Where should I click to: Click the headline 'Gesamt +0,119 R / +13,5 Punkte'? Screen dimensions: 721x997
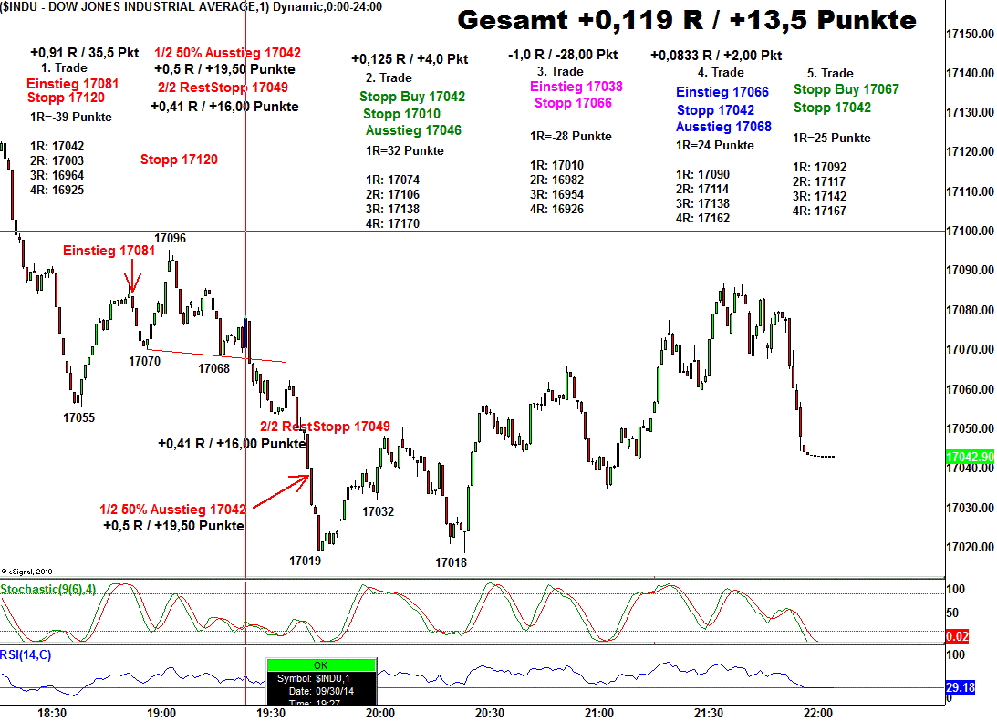[x=687, y=21]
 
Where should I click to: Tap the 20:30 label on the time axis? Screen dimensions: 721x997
[x=489, y=713]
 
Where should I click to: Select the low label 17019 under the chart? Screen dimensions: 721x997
[x=305, y=561]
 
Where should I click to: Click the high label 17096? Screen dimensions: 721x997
[x=170, y=238]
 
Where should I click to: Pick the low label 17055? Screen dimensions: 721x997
[x=78, y=417]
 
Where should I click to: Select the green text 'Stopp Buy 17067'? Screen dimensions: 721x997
[x=846, y=89]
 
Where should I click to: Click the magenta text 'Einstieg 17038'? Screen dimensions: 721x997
[x=576, y=87]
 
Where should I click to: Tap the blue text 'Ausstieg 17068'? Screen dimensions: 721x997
[x=723, y=127]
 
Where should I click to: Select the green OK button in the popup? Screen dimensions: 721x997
[x=320, y=664]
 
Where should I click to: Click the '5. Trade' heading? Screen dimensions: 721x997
[x=830, y=73]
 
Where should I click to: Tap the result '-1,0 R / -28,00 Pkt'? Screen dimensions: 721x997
[x=562, y=56]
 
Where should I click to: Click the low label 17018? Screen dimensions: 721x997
[x=451, y=562]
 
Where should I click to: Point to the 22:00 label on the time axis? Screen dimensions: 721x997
[x=817, y=713]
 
